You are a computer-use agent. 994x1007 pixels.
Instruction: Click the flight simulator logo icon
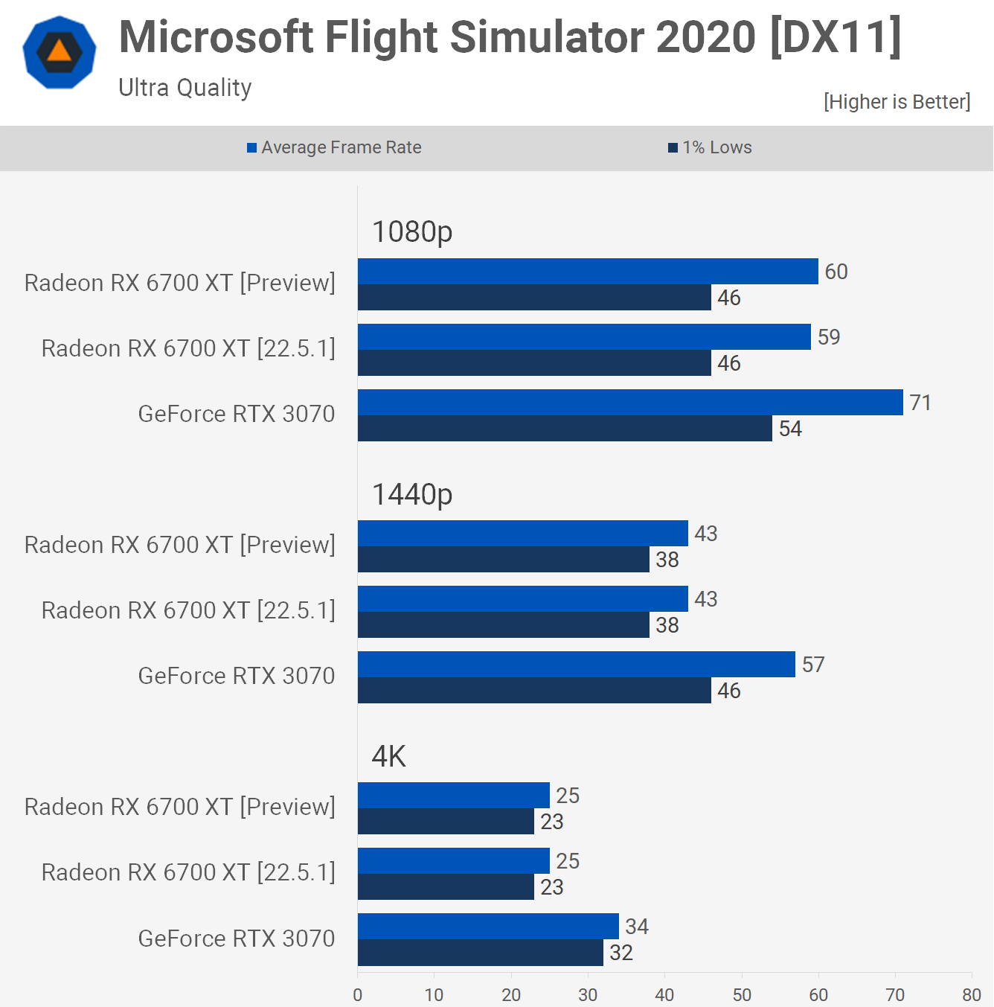point(60,52)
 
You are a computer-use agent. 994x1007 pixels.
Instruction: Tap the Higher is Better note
point(897,101)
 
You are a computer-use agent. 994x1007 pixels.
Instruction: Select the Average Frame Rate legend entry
point(334,147)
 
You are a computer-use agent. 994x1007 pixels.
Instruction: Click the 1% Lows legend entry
point(711,147)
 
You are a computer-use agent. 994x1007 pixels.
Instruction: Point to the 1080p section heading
point(412,231)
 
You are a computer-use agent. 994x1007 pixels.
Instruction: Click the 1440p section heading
point(412,494)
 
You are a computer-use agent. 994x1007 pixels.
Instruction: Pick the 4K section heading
point(388,756)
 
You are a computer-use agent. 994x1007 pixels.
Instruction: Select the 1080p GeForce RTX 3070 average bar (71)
point(630,402)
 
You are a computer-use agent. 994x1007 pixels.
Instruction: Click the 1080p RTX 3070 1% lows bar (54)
point(565,429)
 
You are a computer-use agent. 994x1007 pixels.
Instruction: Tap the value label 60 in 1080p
point(836,272)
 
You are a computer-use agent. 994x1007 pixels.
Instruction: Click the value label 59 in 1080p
point(829,337)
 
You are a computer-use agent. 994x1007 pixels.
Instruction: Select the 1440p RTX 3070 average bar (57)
point(577,664)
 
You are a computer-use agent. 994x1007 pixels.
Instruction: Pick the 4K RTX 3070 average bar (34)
point(488,926)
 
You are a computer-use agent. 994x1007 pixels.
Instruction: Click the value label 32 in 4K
point(621,953)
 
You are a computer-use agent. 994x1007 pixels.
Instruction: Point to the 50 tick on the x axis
point(742,994)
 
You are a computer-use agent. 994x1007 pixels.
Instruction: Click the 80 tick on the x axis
point(972,994)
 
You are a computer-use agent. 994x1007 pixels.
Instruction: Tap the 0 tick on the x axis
point(358,994)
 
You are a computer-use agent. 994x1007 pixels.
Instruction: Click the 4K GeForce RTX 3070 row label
point(237,939)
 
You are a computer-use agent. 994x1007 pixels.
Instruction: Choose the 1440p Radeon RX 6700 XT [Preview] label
point(180,545)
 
